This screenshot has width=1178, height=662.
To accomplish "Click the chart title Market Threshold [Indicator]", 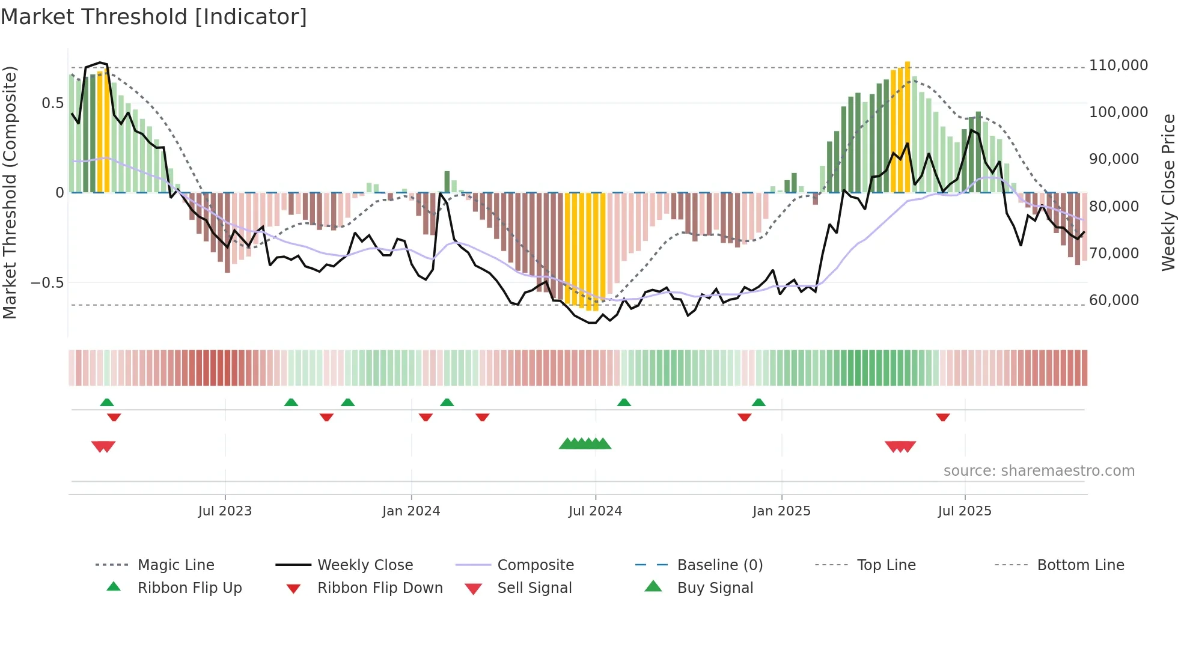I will click(154, 17).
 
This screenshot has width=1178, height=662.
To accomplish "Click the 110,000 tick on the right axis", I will click(1118, 65).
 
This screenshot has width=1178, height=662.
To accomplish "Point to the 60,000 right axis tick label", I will click(1114, 300).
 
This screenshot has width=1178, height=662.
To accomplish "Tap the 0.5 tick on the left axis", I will click(52, 103).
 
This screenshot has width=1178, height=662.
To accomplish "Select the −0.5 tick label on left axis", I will click(47, 283).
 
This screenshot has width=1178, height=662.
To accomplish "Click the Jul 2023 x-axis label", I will click(225, 511).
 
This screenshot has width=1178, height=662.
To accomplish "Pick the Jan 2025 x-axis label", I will click(781, 511).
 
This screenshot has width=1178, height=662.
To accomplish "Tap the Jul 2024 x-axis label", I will click(595, 511).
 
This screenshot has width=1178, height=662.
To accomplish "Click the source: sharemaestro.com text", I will click(1039, 471).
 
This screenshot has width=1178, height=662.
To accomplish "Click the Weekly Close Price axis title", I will click(1168, 192).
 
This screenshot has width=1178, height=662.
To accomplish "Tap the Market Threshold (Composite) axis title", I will click(10, 192).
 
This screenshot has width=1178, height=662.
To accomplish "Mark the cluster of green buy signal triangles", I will click(585, 444).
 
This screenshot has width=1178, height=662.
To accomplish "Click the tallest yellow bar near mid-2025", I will click(908, 126).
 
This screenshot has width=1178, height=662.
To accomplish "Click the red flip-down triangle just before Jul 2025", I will click(942, 417).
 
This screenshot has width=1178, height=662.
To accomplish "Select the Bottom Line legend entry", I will click(1080, 565).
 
